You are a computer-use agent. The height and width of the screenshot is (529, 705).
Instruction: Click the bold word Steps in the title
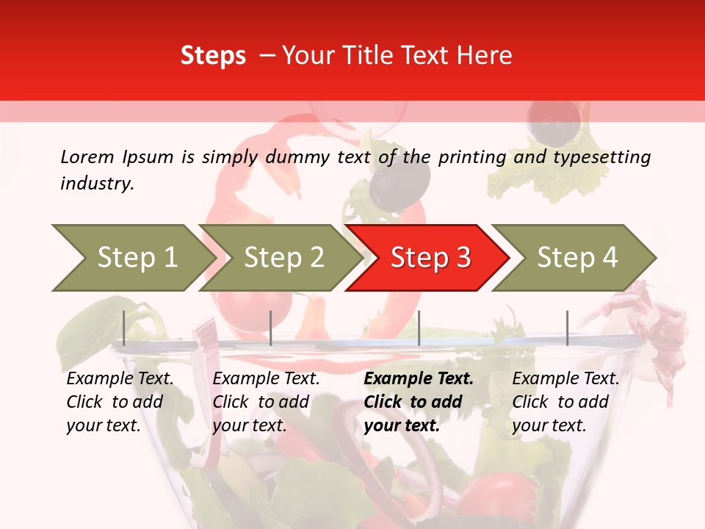point(213,56)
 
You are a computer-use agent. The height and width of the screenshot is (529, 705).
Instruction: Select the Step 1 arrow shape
point(132,258)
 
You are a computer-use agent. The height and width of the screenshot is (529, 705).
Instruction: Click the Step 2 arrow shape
point(283,258)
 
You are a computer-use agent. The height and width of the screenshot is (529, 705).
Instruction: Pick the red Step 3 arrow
point(430,258)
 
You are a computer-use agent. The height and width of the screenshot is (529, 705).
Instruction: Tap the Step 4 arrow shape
point(576,258)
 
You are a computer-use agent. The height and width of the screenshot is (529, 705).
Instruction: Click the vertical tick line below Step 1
point(124,328)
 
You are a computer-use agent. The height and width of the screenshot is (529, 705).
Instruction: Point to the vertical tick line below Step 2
point(271,328)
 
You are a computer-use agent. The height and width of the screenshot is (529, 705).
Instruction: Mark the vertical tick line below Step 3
point(419,328)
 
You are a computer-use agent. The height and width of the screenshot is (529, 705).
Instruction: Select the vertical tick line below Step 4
point(567,328)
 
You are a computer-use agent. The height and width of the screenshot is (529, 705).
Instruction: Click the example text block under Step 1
point(120,402)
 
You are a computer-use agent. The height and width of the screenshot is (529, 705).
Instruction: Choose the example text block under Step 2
point(266,402)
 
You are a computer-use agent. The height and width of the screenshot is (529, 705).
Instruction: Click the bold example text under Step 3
point(418,402)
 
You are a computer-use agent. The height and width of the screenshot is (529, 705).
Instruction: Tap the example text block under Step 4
point(565,402)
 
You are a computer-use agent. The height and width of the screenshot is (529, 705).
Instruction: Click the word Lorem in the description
point(87,156)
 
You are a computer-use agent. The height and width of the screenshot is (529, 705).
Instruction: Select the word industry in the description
point(96,184)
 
